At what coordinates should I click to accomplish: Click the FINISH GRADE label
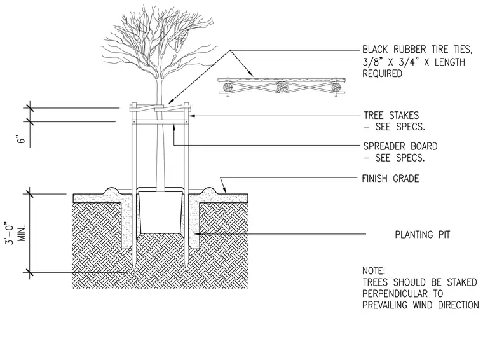(x=390, y=179)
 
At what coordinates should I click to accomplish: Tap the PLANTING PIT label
(x=423, y=235)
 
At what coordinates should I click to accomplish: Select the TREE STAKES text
(x=391, y=115)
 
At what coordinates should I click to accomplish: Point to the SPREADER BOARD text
(x=400, y=146)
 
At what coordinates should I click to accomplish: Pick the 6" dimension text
(x=21, y=139)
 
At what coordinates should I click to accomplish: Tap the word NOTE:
(x=373, y=271)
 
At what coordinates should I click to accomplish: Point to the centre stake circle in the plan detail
(x=282, y=88)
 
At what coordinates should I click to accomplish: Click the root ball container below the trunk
(x=160, y=212)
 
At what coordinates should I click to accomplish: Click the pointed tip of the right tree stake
(x=187, y=270)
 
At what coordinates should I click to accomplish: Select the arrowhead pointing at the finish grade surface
(x=224, y=190)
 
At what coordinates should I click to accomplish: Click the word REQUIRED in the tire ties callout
(x=383, y=74)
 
